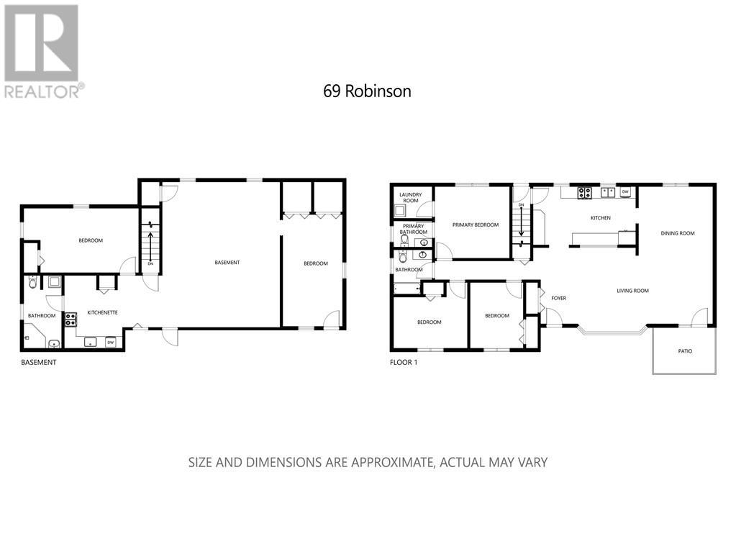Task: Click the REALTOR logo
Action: point(42,50)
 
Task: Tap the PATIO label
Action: point(685,351)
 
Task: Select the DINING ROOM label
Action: point(678,232)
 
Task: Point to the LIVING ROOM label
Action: point(632,291)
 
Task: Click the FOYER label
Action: point(559,297)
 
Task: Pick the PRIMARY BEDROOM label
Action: point(475,225)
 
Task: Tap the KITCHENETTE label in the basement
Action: point(103,312)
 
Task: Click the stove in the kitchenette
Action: point(71,319)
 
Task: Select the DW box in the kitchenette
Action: point(111,342)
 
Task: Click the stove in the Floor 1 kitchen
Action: point(585,192)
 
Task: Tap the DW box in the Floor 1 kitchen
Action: point(625,191)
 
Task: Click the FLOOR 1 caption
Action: point(403,362)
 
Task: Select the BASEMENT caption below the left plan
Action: point(38,362)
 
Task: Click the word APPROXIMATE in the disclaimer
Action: point(390,461)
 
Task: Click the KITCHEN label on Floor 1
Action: point(601,217)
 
